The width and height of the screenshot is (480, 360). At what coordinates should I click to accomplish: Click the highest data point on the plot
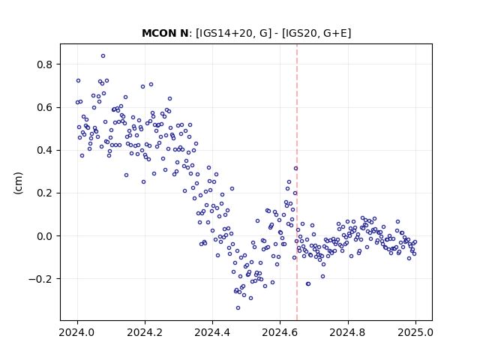pyautogui.click(x=103, y=55)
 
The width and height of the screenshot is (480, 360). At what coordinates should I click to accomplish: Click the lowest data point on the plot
pyautogui.click(x=238, y=307)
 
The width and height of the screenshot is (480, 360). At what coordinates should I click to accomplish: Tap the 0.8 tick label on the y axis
pyautogui.click(x=44, y=64)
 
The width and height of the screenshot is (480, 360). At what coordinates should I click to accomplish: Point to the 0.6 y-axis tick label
pyautogui.click(x=44, y=107)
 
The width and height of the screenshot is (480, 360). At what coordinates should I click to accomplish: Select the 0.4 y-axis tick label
pyautogui.click(x=44, y=150)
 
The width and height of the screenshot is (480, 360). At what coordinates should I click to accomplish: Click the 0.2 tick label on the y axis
pyautogui.click(x=44, y=193)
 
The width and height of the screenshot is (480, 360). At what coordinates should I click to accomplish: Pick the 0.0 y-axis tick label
pyautogui.click(x=44, y=236)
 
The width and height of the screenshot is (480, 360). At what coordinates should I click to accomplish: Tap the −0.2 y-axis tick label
pyautogui.click(x=40, y=279)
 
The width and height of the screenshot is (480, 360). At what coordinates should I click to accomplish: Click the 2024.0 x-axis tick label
pyautogui.click(x=76, y=332)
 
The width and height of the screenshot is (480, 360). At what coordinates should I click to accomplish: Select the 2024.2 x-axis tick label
pyautogui.click(x=145, y=332)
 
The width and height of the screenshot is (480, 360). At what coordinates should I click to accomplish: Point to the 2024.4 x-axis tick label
pyautogui.click(x=212, y=332)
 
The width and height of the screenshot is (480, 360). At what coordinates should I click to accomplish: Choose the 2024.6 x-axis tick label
pyautogui.click(x=280, y=332)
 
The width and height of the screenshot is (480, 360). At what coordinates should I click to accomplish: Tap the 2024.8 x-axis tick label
pyautogui.click(x=347, y=332)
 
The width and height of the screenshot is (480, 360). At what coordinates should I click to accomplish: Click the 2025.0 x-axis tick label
pyautogui.click(x=415, y=332)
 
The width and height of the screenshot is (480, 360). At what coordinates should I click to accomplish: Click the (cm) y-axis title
pyautogui.click(x=18, y=183)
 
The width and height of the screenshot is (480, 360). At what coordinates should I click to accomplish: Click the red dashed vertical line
pyautogui.click(x=297, y=182)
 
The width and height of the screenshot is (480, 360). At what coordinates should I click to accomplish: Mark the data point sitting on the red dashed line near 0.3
pyautogui.click(x=295, y=168)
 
